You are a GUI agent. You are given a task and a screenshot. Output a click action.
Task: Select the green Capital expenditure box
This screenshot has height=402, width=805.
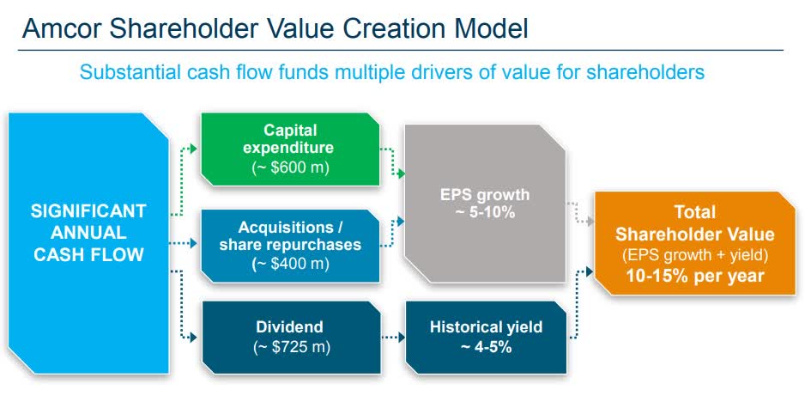[290, 149]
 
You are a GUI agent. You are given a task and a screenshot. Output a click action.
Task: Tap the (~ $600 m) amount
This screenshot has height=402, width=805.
[290, 168]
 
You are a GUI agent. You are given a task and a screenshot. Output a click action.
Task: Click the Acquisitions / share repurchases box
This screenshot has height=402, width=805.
[290, 246]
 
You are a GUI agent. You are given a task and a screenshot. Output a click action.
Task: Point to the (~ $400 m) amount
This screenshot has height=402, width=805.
[290, 265]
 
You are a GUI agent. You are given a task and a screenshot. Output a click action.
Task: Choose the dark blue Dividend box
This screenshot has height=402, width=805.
[291, 338]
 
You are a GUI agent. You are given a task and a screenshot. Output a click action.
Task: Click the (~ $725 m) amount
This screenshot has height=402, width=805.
[291, 347]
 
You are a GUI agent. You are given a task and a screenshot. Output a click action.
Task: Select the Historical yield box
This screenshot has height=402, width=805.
[487, 338]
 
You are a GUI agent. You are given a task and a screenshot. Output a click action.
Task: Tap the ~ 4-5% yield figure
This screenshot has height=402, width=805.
[487, 347]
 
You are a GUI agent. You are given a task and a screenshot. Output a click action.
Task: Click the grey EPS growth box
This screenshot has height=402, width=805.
[485, 204]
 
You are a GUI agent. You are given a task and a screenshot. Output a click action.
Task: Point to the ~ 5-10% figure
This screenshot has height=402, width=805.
[485, 212]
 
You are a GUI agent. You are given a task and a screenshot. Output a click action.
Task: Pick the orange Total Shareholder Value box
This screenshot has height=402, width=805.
[694, 243]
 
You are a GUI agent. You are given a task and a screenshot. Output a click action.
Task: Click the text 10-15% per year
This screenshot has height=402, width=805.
[694, 276]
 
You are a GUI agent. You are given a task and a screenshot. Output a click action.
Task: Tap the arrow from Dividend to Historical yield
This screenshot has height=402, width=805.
[393, 338]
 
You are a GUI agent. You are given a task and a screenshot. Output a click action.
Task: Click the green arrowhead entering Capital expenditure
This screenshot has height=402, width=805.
[194, 149]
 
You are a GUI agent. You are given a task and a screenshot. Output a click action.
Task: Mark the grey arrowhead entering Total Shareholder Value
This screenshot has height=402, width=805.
[590, 221]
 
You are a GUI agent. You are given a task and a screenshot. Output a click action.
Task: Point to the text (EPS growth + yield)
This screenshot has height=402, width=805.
[694, 255]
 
